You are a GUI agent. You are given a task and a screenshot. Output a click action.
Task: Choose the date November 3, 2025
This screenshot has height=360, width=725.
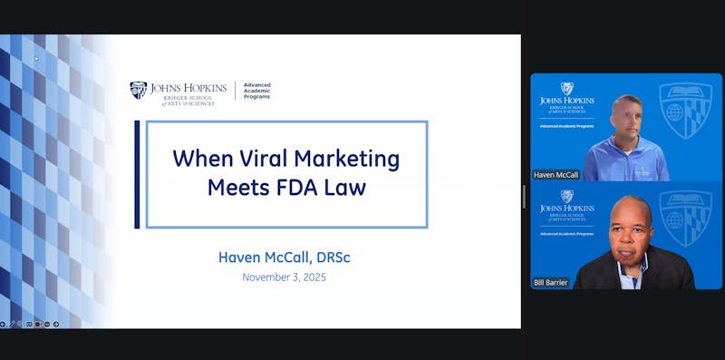(284, 277)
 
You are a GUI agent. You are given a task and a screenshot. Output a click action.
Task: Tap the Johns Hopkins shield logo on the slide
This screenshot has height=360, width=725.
(138, 90)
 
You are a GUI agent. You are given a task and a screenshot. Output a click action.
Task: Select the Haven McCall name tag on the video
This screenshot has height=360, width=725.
(556, 173)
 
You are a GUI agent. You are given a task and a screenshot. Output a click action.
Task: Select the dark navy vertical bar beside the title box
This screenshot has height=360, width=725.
(137, 174)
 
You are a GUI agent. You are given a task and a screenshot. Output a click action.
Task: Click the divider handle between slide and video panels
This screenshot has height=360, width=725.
(525, 196)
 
